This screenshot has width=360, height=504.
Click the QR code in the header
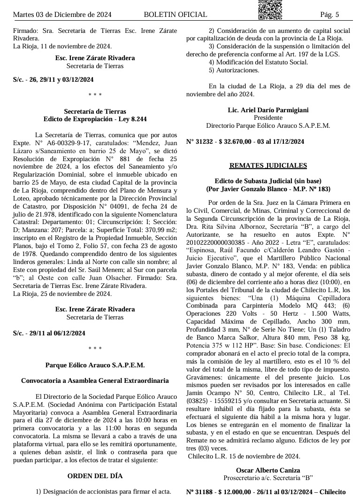pos(270,9)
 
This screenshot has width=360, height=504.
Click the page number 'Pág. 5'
pos(329,15)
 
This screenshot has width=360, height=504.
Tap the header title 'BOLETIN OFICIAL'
pos(176,15)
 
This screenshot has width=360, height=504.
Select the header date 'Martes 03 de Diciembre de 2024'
pos(62,15)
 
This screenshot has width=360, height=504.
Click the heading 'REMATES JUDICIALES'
pos(268,165)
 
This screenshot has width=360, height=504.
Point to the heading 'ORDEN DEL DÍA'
pos(95,476)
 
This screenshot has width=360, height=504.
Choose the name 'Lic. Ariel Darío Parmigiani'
pos(268,110)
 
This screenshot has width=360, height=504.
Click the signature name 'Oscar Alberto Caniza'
pos(268,470)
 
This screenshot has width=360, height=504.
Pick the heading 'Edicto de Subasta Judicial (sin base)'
pos(268,181)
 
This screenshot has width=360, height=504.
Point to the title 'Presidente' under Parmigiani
pos(268,118)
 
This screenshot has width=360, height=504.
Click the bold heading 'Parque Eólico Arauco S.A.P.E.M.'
pos(95,364)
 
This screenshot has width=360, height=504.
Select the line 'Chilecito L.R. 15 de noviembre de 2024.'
pos(244,456)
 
